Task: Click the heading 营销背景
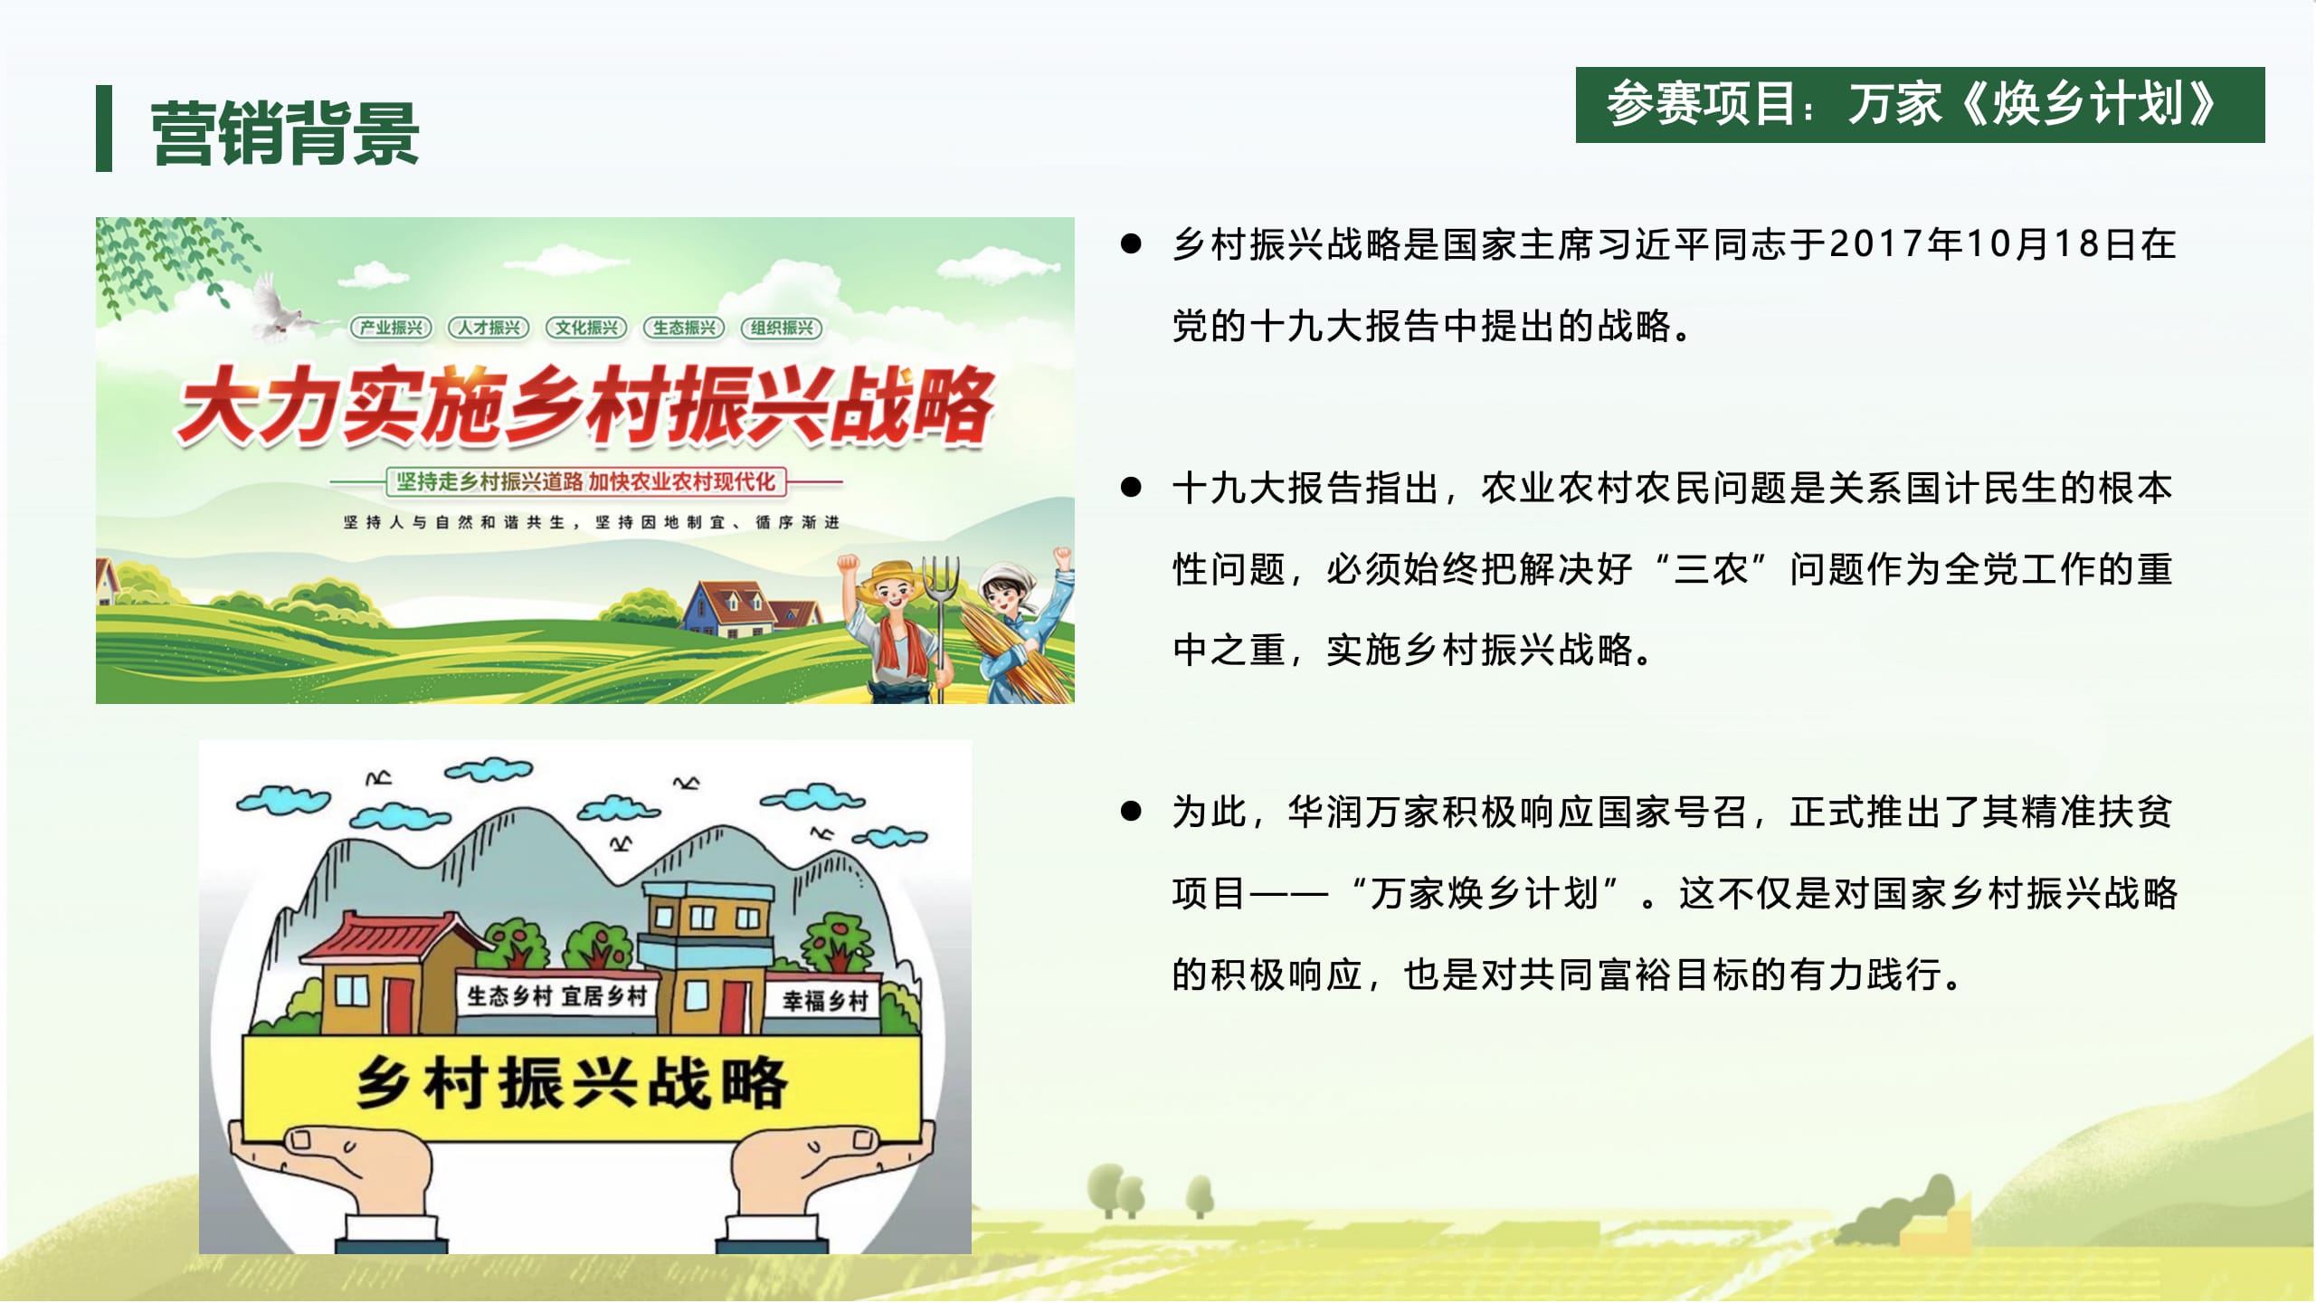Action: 285,133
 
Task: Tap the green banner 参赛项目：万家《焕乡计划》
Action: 1920,105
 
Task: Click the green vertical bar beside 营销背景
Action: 104,128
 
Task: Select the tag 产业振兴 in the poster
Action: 391,328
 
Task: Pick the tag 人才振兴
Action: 489,328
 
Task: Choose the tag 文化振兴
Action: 586,328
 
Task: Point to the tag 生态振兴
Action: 684,328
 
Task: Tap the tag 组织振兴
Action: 782,328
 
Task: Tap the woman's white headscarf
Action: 1004,579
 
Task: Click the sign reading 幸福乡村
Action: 824,1001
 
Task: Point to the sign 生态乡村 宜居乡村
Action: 556,996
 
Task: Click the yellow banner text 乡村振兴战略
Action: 572,1082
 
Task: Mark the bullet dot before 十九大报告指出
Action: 1131,487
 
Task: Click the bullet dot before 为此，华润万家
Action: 1131,811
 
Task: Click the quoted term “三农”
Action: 1710,569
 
